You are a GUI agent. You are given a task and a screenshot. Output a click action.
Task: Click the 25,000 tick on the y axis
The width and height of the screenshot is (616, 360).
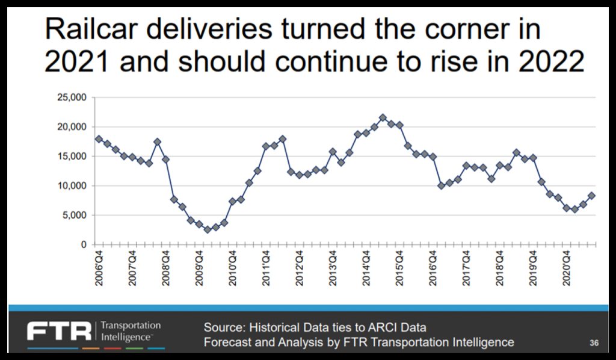tap(72, 98)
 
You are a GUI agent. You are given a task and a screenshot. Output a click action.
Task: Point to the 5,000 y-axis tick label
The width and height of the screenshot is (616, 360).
tap(75, 216)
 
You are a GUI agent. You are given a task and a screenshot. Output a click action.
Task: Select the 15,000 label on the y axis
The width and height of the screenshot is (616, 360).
tap(72, 157)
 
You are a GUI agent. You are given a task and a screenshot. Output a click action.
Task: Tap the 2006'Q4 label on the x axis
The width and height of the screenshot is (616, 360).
tap(99, 269)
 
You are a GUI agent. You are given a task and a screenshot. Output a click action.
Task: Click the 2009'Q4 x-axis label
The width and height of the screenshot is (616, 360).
tap(199, 269)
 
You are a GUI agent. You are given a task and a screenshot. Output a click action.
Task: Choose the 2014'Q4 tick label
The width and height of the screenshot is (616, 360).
tap(366, 269)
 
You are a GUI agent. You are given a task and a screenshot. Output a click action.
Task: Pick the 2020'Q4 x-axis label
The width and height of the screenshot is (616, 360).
tap(565, 269)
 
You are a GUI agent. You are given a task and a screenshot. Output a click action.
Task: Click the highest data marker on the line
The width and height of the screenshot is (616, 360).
tap(383, 117)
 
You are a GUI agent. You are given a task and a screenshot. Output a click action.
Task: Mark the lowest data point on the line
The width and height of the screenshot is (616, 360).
tap(208, 229)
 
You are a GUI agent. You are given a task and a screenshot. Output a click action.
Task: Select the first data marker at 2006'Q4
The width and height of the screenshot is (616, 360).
tap(99, 139)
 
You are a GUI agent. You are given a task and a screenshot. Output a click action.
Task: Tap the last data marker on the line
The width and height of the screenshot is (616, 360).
tap(591, 195)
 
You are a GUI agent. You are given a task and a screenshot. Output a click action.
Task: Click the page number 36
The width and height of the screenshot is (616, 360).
tap(594, 343)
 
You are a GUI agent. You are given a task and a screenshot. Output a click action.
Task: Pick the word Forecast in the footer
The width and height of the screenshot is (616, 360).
tap(226, 343)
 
